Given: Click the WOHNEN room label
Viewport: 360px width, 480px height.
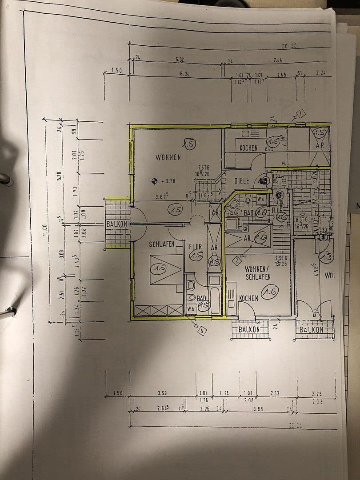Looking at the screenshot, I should point(168,157).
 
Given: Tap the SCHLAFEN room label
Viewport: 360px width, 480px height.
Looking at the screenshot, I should point(161,244).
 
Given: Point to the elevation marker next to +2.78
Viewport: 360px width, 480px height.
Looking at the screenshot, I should point(154,181).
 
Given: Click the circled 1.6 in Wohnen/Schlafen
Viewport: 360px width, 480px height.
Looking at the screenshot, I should point(270,292).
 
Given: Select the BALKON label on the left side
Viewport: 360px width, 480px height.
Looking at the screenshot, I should point(117,224).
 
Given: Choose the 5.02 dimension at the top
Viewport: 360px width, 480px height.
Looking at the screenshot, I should point(180,59).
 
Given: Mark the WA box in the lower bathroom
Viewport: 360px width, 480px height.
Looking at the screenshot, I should point(191,308).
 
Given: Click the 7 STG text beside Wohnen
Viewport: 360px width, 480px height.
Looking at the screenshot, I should point(204,167).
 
